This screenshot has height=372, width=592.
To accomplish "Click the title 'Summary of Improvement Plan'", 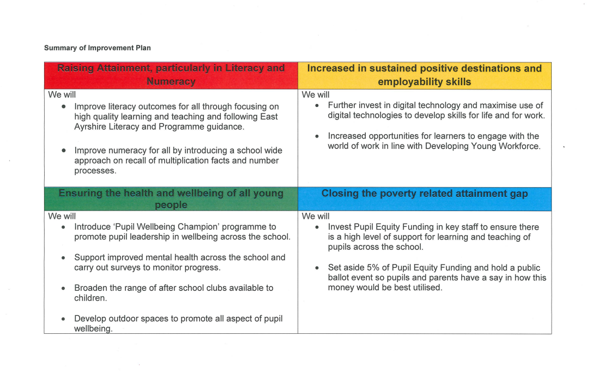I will tap(98, 48).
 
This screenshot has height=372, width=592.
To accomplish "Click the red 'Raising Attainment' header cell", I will tap(171, 75).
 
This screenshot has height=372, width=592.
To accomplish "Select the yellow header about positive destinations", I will tap(424, 75).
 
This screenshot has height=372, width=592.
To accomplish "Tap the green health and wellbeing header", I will tap(171, 199).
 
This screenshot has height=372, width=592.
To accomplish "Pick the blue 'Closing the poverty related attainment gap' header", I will tap(424, 194).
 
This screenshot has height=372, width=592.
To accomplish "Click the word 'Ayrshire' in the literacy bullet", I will tap(92, 127).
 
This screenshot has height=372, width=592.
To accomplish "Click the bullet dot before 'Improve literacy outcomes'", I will tap(64, 107).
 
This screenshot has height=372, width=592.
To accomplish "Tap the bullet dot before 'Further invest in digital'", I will tap(317, 106).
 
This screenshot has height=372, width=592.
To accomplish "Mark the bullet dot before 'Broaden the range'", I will tap(64, 288).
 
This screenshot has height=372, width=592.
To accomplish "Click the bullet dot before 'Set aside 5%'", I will tap(317, 268).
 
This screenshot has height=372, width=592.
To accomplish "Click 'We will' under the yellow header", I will tap(316, 95).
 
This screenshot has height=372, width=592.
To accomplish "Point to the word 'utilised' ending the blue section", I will tap(424, 287).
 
